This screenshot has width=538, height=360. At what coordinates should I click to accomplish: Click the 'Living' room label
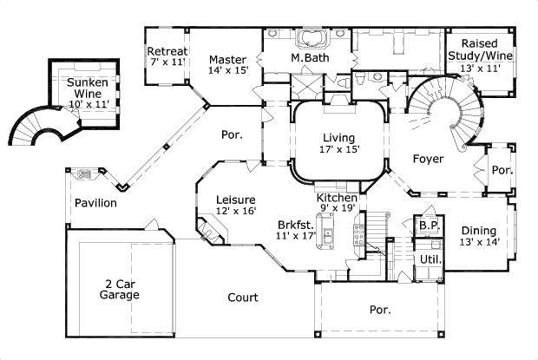pyautogui.click(x=338, y=137)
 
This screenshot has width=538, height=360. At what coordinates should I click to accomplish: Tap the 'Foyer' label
pyautogui.click(x=428, y=159)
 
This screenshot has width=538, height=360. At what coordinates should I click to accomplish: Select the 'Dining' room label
pyautogui.click(x=478, y=231)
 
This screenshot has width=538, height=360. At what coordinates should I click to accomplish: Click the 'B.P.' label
pyautogui.click(x=427, y=226)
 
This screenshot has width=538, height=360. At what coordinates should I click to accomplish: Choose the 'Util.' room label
pyautogui.click(x=430, y=259)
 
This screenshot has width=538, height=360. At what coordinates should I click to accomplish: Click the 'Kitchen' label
pyautogui.click(x=337, y=198)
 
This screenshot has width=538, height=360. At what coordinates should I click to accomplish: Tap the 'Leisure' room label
pyautogui.click(x=236, y=199)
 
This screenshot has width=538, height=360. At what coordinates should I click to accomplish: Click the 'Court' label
pyautogui.click(x=243, y=298)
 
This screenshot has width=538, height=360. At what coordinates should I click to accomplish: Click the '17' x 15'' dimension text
pyautogui.click(x=338, y=149)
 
